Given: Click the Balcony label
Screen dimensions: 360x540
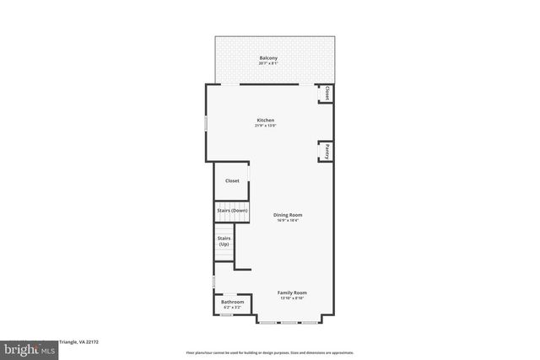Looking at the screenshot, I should coord(268,57).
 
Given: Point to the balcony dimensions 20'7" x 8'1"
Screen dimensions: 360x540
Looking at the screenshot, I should coord(268,63).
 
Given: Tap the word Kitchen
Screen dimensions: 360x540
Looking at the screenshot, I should coord(266,121).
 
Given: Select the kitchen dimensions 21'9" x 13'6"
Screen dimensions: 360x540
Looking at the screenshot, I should coord(266,126).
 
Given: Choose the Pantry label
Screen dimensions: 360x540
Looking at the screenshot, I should coord(324,152).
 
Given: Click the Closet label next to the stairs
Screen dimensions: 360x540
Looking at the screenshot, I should coord(231,180).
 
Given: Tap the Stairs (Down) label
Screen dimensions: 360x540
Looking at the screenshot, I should coord(231,210).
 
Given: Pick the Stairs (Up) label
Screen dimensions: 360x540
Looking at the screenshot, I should coord(224,241).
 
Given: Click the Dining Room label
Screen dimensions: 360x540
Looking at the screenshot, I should coord(288,215).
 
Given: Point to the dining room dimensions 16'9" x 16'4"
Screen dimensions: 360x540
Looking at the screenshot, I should coord(288,221).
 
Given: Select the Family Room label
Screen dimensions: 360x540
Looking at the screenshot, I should coord(292,292).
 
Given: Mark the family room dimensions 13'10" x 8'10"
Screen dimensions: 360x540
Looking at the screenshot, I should coord(292,298).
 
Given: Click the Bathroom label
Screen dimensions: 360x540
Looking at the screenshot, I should coord(233,302).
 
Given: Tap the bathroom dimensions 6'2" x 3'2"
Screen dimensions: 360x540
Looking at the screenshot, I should coord(233,308).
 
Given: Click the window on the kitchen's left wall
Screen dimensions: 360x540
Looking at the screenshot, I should coord(205,123).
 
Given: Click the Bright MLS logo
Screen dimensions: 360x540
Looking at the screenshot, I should coord(26,348).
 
